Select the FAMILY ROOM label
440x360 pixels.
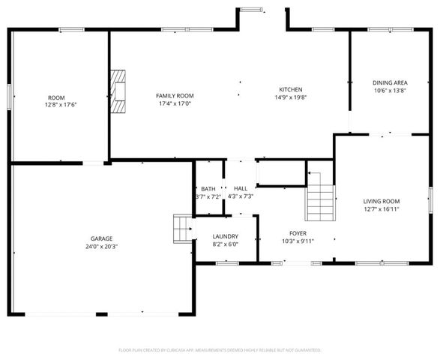click(175, 96)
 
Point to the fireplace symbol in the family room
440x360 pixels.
click(118, 91)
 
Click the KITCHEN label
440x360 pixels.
click(291, 89)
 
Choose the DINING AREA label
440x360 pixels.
click(389, 82)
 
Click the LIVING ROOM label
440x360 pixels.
click(382, 201)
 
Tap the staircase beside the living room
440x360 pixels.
click(320, 199)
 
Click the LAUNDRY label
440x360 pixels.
click(225, 236)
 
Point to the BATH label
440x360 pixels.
click(208, 189)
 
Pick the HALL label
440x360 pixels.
click(241, 189)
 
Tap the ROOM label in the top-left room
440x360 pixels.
click(56, 97)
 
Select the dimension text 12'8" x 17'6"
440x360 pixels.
click(56, 105)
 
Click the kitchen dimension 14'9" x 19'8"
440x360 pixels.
click(291, 97)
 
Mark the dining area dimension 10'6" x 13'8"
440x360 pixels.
click(389, 90)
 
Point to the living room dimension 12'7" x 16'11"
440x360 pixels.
click(382, 209)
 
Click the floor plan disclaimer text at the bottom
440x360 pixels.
click(220, 349)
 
